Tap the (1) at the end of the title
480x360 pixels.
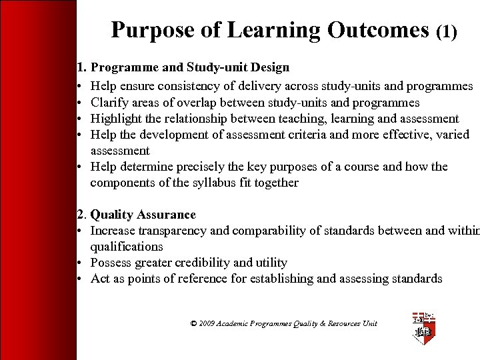click(x=446, y=31)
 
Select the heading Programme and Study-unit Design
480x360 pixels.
click(x=189, y=67)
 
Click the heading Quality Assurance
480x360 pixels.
click(x=143, y=215)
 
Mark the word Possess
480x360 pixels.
click(x=111, y=263)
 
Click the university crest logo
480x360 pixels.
click(x=423, y=327)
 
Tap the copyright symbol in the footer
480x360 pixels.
click(x=193, y=323)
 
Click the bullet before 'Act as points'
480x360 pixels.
click(x=80, y=279)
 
